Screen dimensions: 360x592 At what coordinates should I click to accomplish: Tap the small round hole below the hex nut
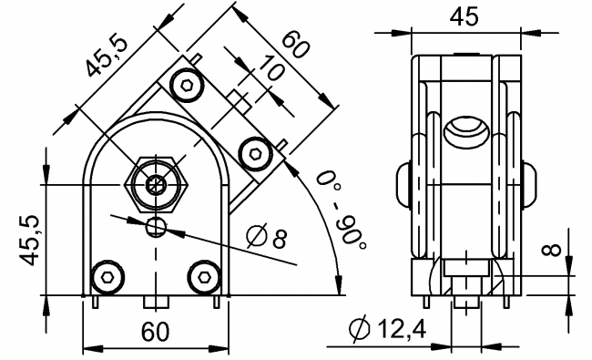click(157, 225)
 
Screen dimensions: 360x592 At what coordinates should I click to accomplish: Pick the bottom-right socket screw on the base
click(204, 275)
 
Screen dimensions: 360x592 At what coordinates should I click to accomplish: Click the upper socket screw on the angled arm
click(188, 87)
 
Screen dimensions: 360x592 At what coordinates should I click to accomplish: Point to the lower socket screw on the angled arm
click(253, 150)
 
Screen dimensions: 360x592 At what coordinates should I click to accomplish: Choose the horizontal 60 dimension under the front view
click(155, 333)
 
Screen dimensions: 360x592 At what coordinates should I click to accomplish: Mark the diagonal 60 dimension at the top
click(293, 46)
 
